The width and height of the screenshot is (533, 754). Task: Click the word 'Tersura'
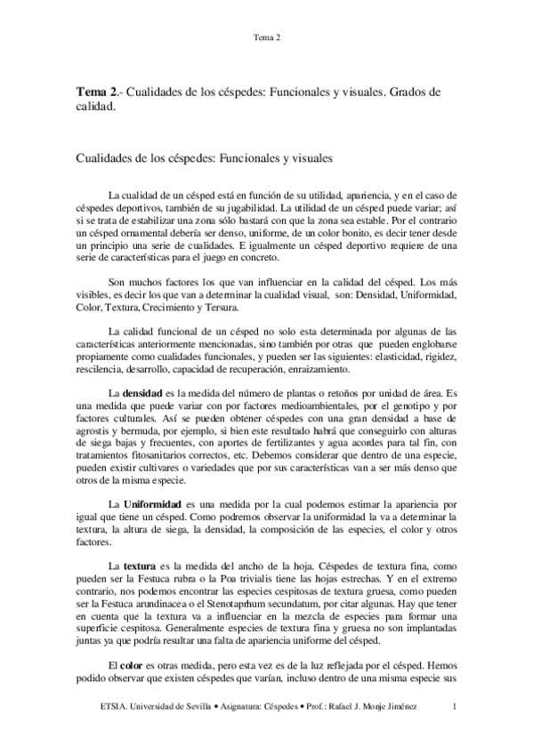[x=215, y=309]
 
